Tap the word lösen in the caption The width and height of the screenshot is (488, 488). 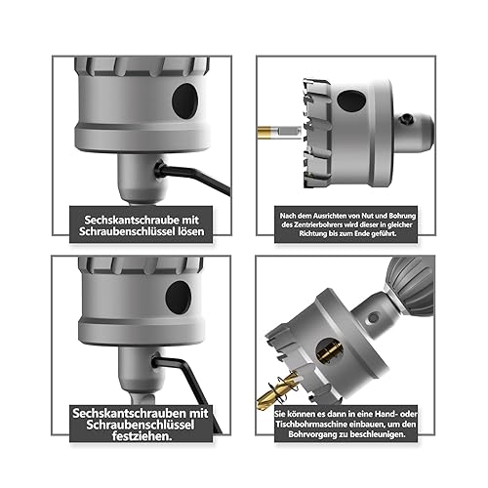(x=192, y=231)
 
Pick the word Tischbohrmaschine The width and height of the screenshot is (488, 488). (x=311, y=425)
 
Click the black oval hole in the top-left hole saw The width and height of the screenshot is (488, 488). (x=184, y=101)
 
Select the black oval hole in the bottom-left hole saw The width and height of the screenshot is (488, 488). (x=179, y=298)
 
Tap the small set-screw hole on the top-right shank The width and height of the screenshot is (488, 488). (x=407, y=120)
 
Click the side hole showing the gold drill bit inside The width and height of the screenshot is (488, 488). (x=330, y=350)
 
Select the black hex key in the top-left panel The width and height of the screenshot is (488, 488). (x=192, y=179)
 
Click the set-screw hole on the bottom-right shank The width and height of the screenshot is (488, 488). (x=373, y=318)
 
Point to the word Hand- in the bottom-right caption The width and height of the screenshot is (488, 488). (x=386, y=414)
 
